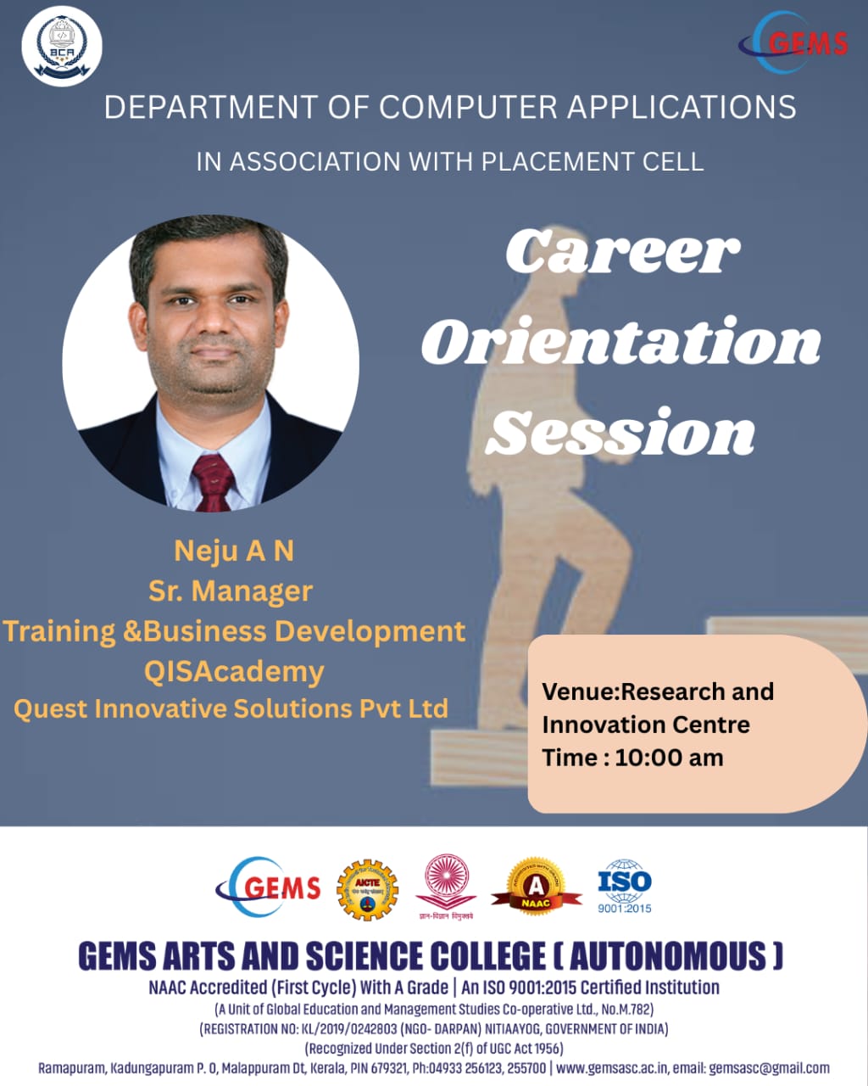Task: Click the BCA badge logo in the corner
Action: click(61, 46)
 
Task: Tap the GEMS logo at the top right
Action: click(794, 42)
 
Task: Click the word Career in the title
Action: click(623, 251)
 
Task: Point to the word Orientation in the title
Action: click(621, 342)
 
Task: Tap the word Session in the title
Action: click(620, 433)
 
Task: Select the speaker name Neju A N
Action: click(234, 551)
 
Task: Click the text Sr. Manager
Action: click(231, 591)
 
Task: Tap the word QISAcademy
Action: click(234, 671)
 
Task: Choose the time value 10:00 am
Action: click(669, 758)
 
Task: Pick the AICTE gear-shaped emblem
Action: click(367, 889)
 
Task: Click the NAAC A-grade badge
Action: click(536, 887)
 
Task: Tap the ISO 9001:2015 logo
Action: click(625, 887)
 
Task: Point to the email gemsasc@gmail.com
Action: click(769, 1068)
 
